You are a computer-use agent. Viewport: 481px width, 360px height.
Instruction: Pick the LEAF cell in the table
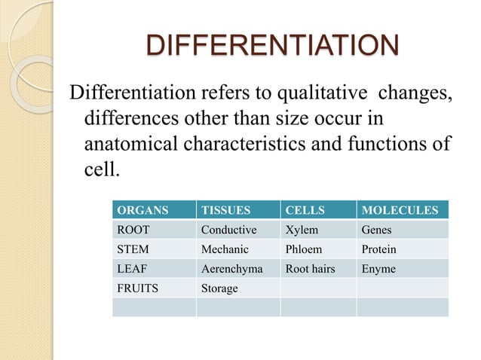[x=133, y=269]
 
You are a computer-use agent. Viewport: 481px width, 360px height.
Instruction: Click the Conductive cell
[x=229, y=230]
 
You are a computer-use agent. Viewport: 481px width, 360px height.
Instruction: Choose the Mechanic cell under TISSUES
[x=225, y=249]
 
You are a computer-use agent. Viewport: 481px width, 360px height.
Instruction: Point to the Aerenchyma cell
[x=232, y=269]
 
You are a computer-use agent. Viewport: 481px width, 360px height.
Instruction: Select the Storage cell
[x=219, y=288]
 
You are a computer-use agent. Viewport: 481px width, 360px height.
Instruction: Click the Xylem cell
[x=302, y=230]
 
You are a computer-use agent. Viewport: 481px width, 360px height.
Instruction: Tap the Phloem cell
[x=305, y=249]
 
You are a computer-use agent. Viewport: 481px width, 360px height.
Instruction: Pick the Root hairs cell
[x=311, y=269]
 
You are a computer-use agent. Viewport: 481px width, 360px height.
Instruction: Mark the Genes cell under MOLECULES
[x=377, y=230]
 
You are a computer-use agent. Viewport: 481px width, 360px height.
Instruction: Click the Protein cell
[x=379, y=249]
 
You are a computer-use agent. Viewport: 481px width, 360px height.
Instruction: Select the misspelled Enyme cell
[x=378, y=269]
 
